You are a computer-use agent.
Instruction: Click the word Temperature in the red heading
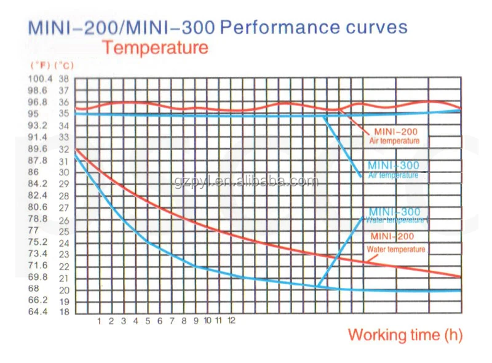pos(155,47)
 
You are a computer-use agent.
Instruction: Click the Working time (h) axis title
pos(405,335)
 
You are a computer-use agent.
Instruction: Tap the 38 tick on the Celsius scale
pos(64,79)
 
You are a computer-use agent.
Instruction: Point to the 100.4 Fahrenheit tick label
pos(41,79)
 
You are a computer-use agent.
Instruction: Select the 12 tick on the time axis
pos(231,321)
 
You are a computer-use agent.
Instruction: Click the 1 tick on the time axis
pos(99,321)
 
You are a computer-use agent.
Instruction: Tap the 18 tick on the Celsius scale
pos(64,312)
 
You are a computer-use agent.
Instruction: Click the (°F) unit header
pos(39,65)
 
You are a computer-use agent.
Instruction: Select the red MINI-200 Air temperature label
pos(394,136)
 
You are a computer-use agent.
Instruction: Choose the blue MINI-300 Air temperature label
pos(393,170)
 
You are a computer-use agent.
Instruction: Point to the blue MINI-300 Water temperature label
pos(394,215)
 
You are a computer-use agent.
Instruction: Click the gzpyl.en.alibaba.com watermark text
pos(246,181)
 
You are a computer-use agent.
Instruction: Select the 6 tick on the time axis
pos(159,321)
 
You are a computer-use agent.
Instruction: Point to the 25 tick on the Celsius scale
pos(64,231)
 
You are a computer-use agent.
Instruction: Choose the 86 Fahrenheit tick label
pos(34,172)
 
